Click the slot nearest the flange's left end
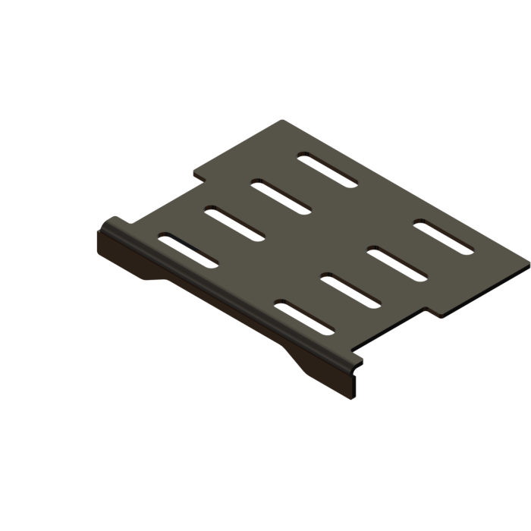(x=188, y=251)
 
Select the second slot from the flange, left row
(x=234, y=225)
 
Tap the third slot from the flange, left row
(x=281, y=198)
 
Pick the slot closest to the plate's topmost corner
(x=327, y=171)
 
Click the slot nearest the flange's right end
(x=303, y=319)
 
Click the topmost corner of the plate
(x=283, y=121)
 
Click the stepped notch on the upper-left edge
(x=199, y=176)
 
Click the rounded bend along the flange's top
(x=228, y=292)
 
